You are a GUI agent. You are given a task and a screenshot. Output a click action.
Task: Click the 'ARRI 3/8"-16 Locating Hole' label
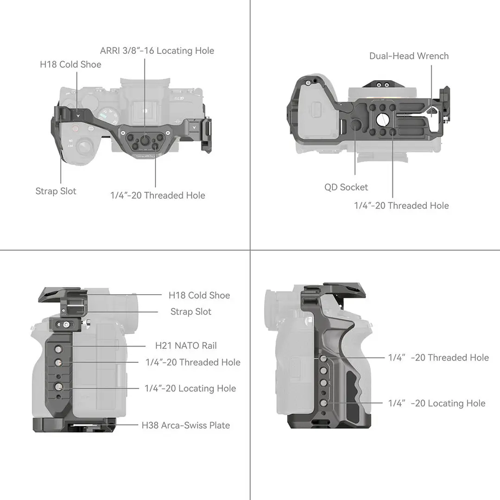(157, 51)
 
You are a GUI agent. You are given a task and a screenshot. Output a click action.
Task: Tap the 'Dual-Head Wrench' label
(409, 56)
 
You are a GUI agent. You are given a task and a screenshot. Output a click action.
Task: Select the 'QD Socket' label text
(346, 187)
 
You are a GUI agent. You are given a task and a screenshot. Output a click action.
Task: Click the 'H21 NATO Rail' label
(186, 346)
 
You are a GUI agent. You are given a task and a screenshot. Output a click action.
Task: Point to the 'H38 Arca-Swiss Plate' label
(186, 425)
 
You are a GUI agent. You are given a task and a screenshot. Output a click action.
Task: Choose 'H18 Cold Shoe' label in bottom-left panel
(199, 295)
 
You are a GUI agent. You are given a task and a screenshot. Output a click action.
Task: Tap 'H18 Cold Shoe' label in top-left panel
(70, 64)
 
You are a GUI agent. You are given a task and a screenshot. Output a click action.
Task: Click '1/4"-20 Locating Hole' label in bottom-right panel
(437, 403)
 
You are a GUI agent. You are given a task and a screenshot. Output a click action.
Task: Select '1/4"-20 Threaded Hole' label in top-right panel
(401, 205)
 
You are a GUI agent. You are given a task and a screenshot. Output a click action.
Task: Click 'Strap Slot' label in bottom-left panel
(191, 312)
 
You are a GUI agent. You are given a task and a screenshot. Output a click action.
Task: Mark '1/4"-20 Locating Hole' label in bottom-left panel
(190, 388)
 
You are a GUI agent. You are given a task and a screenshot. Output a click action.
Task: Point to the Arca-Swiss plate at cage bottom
(74, 425)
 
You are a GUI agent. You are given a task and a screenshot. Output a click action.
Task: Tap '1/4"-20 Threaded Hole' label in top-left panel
(158, 195)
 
